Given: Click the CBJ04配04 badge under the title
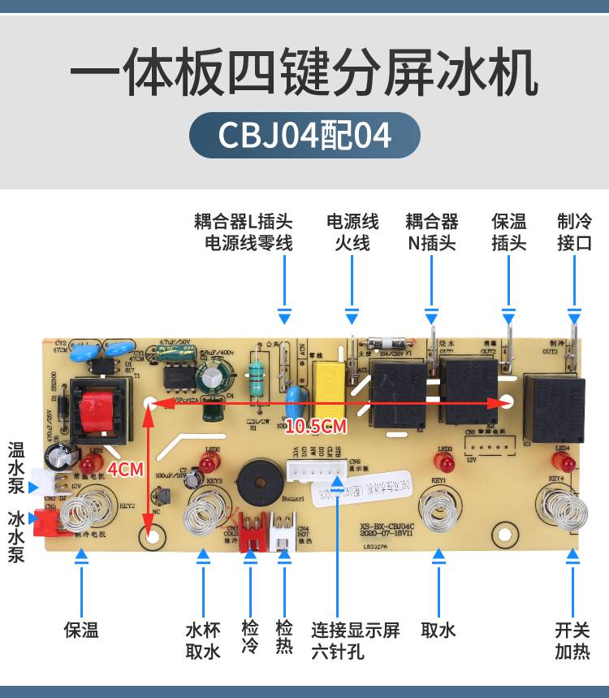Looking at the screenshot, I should [304, 135].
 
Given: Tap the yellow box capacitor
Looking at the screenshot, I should [328, 376].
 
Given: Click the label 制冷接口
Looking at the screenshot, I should [574, 232].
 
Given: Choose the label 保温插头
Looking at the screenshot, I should [509, 232].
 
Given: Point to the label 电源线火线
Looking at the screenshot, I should [352, 232].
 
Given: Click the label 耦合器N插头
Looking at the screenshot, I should [432, 232].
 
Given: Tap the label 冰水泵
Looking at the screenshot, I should [15, 535].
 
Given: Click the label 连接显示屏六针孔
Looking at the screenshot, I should [356, 640].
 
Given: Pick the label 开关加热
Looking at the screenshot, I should [572, 640].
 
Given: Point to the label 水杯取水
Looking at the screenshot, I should [202, 640].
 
